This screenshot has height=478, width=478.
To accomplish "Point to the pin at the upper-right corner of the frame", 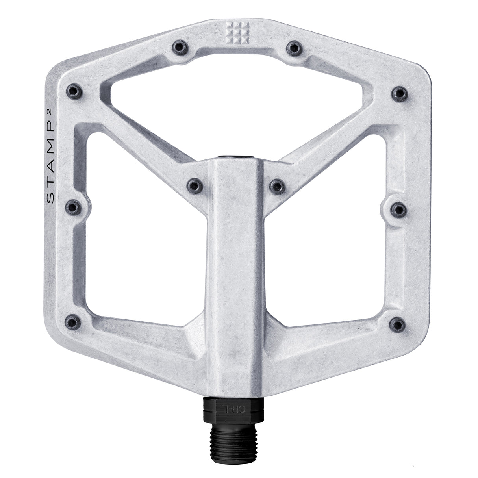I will click(x=400, y=92).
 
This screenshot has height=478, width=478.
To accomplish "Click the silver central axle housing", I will click(x=235, y=276).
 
